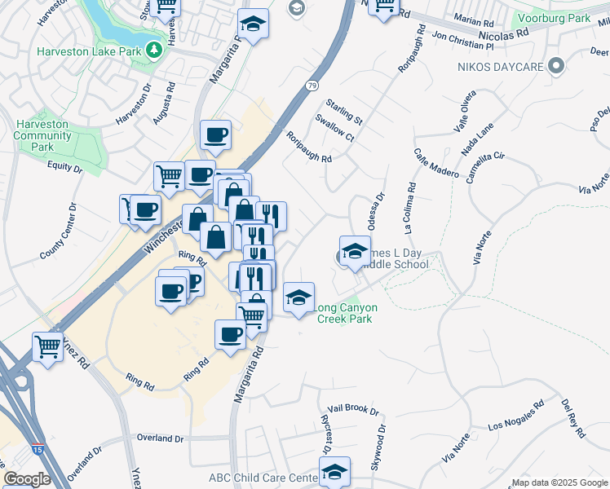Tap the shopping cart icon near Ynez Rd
click(x=48, y=348)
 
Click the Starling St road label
click(x=343, y=112)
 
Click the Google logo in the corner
click(x=27, y=479)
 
